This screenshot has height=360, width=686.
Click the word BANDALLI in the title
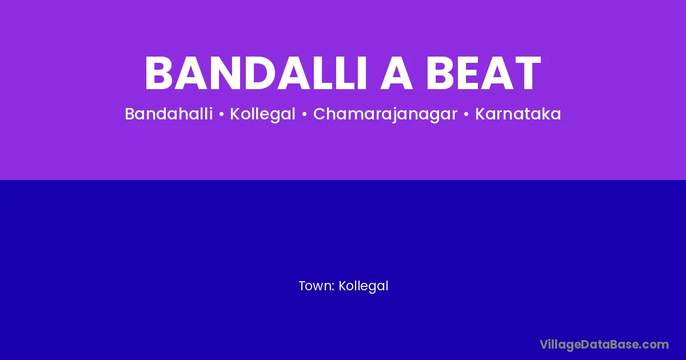point(256,73)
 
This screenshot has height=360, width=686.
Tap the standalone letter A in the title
point(397,73)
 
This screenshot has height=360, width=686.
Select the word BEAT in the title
point(484,73)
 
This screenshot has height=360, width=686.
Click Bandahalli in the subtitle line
point(169,114)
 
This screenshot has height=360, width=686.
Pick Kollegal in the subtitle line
point(263,114)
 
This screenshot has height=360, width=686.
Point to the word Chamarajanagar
point(385,115)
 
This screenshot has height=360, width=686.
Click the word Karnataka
point(518,114)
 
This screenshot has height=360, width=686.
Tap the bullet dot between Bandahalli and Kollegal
point(222,114)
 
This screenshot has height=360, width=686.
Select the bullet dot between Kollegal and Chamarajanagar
point(304,114)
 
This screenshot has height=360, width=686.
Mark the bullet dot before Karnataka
point(466,114)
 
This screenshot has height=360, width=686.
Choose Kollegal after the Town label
point(364,286)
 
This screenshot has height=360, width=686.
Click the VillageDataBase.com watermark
point(604,345)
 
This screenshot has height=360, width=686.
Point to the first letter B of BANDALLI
point(159,73)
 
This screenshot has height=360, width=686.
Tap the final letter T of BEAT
point(525,73)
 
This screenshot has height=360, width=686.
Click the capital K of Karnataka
point(480,114)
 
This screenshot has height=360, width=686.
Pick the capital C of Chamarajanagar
point(320,114)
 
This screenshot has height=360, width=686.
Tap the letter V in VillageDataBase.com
point(544,344)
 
